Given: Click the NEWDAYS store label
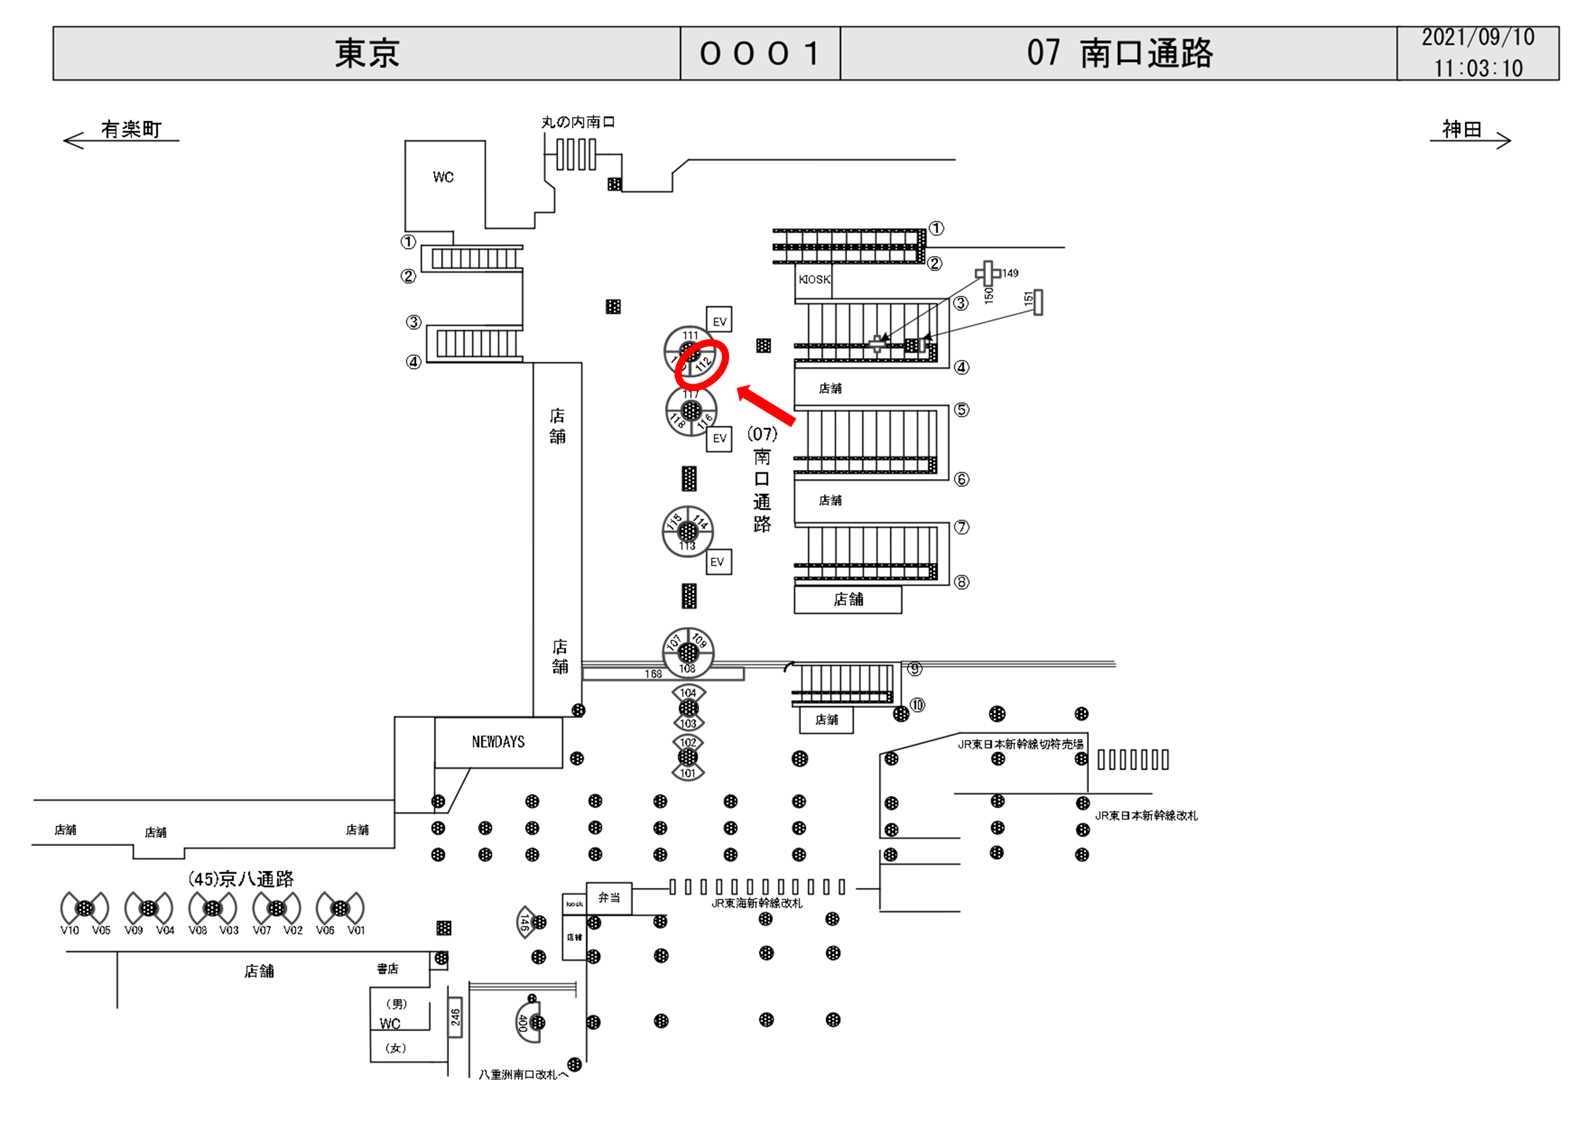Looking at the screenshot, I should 497,742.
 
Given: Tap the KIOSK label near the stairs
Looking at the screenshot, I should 814,280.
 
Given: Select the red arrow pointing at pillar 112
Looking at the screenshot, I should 766,405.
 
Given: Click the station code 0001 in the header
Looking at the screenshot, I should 760,54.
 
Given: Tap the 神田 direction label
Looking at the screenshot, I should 1461,129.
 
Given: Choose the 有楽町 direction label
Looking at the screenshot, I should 131,129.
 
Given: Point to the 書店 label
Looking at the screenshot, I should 388,969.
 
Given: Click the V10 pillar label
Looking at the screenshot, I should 69,930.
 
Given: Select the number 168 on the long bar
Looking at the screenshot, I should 653,674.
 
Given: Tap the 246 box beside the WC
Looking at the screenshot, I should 455,1017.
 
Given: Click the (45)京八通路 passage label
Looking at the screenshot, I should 240,879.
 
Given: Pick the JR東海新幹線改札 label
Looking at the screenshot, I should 756,904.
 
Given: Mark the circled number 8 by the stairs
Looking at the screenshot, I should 961,582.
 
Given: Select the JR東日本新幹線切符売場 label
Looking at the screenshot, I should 1020,744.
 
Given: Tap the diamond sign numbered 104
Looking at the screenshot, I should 688,693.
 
